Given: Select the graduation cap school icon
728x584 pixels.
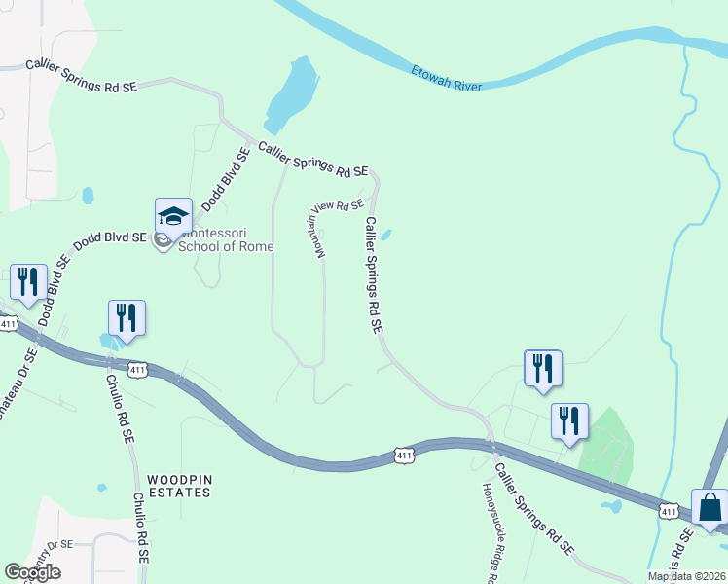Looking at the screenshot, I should click(x=173, y=216).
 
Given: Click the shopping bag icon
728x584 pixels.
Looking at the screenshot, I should click(x=710, y=507).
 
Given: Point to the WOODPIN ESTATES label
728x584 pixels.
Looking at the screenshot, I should click(x=179, y=486).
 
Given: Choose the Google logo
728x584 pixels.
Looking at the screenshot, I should click(x=32, y=572).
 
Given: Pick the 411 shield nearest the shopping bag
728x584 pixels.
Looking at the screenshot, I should click(x=668, y=510).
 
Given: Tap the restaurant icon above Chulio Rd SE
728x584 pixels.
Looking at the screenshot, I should click(x=127, y=317).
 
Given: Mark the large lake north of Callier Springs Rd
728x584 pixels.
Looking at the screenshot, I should click(x=290, y=95).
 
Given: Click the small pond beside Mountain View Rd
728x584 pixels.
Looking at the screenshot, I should click(x=386, y=235).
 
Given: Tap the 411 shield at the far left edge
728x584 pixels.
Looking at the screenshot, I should click(x=8, y=322).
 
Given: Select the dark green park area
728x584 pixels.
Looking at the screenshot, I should click(x=606, y=447).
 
